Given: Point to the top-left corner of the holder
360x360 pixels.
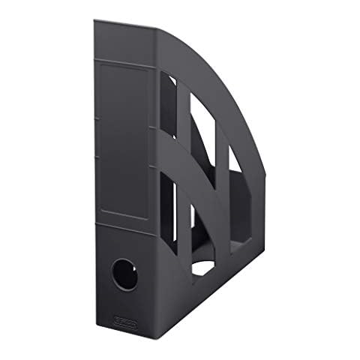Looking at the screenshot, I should tap(94, 20).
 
